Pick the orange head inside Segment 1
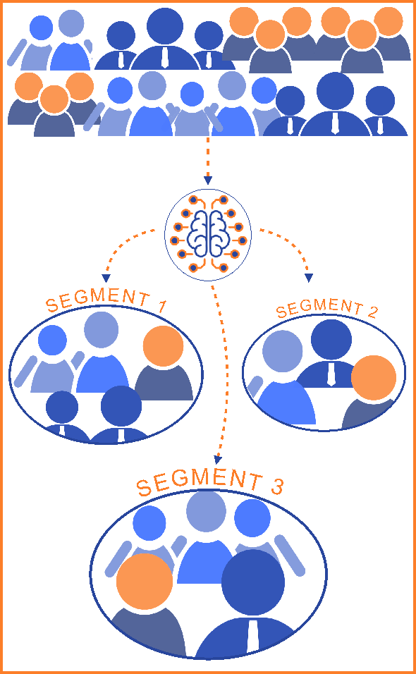pos(164,346)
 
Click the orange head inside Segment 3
pos(145,581)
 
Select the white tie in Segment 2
pos(331,373)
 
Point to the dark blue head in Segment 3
pos(255,582)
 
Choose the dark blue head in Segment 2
pos(331,340)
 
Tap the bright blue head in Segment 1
pos(52,340)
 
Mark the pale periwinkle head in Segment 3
pos(207,511)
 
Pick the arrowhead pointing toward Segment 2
pos(309,278)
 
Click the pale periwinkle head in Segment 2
pos(282,351)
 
